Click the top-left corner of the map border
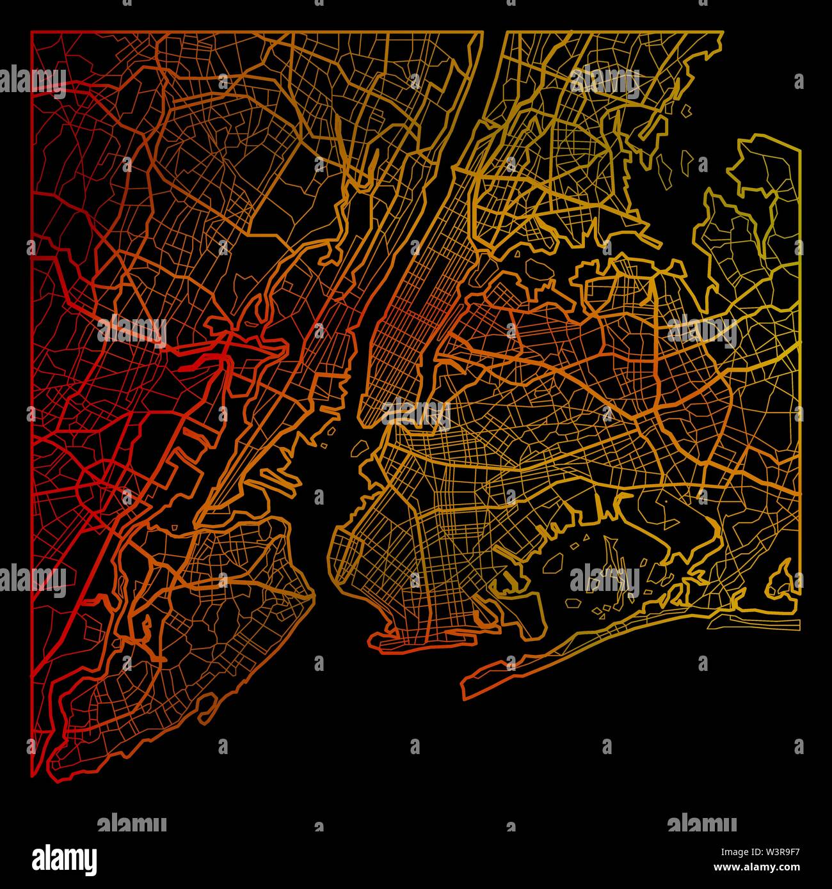(x=32, y=31)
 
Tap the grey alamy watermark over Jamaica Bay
(x=605, y=579)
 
